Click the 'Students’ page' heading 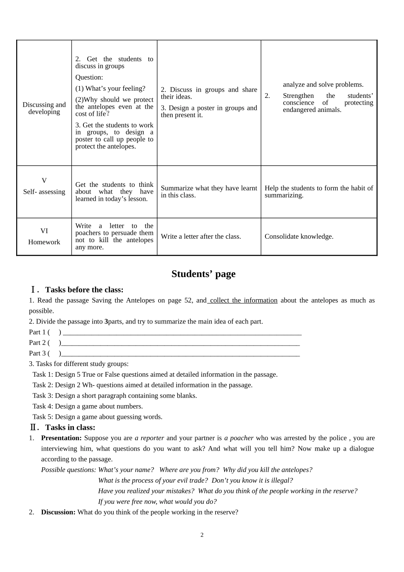[x=203, y=274]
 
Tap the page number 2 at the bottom [x=202, y=535]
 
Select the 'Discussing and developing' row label [x=44, y=108]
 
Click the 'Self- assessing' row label [x=44, y=192]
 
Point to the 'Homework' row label [x=44, y=242]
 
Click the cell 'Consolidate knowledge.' [x=299, y=237]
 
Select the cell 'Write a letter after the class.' [x=201, y=237]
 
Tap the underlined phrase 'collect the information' [x=243, y=300]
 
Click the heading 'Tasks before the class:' [x=84, y=290]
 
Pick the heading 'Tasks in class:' [x=70, y=427]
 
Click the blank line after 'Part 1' [x=182, y=333]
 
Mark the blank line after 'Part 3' [x=180, y=355]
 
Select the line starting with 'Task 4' [x=88, y=406]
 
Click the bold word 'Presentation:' [x=61, y=438]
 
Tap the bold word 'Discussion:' [x=58, y=512]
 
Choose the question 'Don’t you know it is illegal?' [x=252, y=480]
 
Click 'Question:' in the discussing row [x=89, y=77]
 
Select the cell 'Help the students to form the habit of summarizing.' [x=319, y=192]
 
